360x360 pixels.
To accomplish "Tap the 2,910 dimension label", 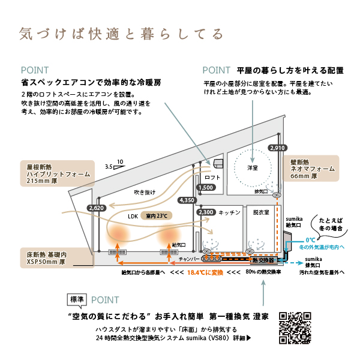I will point(277,148).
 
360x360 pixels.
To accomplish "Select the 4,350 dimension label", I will point(187,200).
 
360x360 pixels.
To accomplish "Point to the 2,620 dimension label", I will point(96,208).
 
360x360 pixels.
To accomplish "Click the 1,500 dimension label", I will point(205,188).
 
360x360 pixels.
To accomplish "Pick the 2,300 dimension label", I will point(205,212).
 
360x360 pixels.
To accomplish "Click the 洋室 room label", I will point(252,167).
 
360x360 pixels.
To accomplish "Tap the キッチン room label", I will point(229,212).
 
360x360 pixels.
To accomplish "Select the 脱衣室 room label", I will point(262,212).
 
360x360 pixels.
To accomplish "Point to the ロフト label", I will point(212,178).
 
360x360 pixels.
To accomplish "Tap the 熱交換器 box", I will point(263,261).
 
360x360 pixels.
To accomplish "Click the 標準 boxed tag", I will point(77,299).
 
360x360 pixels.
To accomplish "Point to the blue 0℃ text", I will point(310,239).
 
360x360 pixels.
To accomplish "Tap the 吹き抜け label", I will point(145,193).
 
